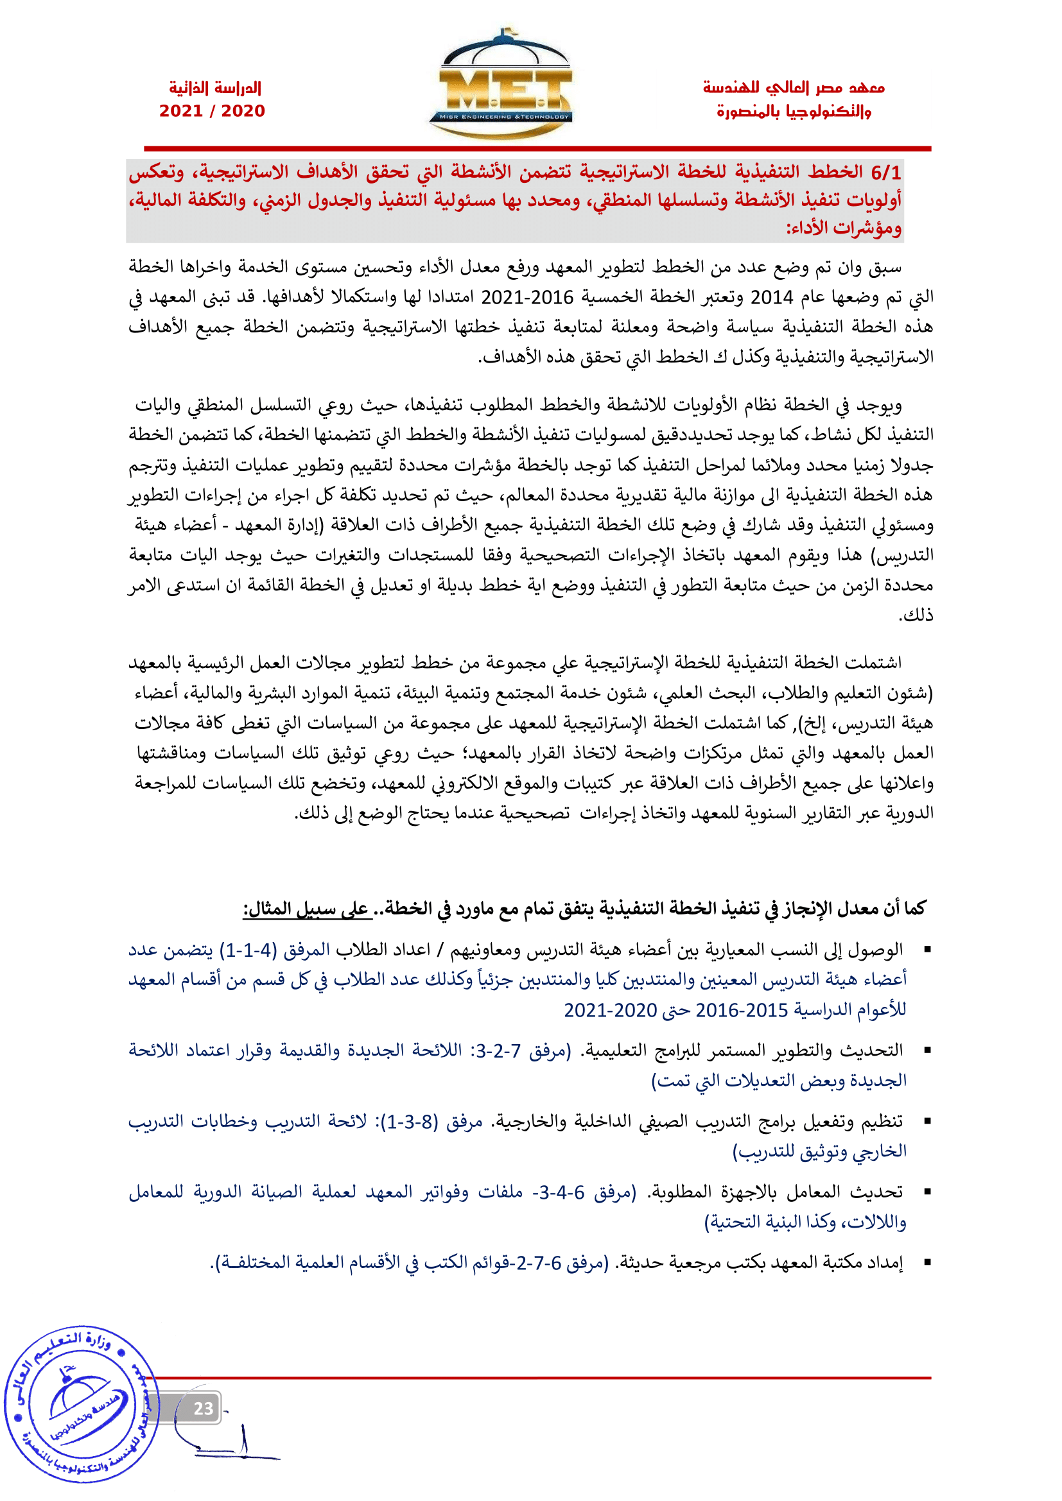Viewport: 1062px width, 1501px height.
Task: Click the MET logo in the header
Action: click(x=500, y=85)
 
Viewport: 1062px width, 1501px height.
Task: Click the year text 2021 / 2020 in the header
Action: click(x=212, y=110)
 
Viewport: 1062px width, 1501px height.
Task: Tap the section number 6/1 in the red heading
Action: click(x=885, y=173)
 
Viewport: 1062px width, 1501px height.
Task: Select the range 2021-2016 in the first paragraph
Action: click(x=527, y=298)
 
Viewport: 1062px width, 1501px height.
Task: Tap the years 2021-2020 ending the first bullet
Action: click(x=610, y=1010)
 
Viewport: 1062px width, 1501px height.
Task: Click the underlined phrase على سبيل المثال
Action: click(x=306, y=909)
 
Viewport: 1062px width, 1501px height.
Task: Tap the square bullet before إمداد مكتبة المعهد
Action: click(x=927, y=1262)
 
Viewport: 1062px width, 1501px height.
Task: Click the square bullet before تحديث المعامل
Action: click(x=927, y=1192)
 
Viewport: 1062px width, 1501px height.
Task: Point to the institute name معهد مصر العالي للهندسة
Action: click(x=793, y=88)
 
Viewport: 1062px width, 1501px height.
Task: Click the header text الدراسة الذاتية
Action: click(x=214, y=88)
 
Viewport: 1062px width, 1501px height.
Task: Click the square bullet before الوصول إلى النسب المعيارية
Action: click(x=927, y=949)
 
